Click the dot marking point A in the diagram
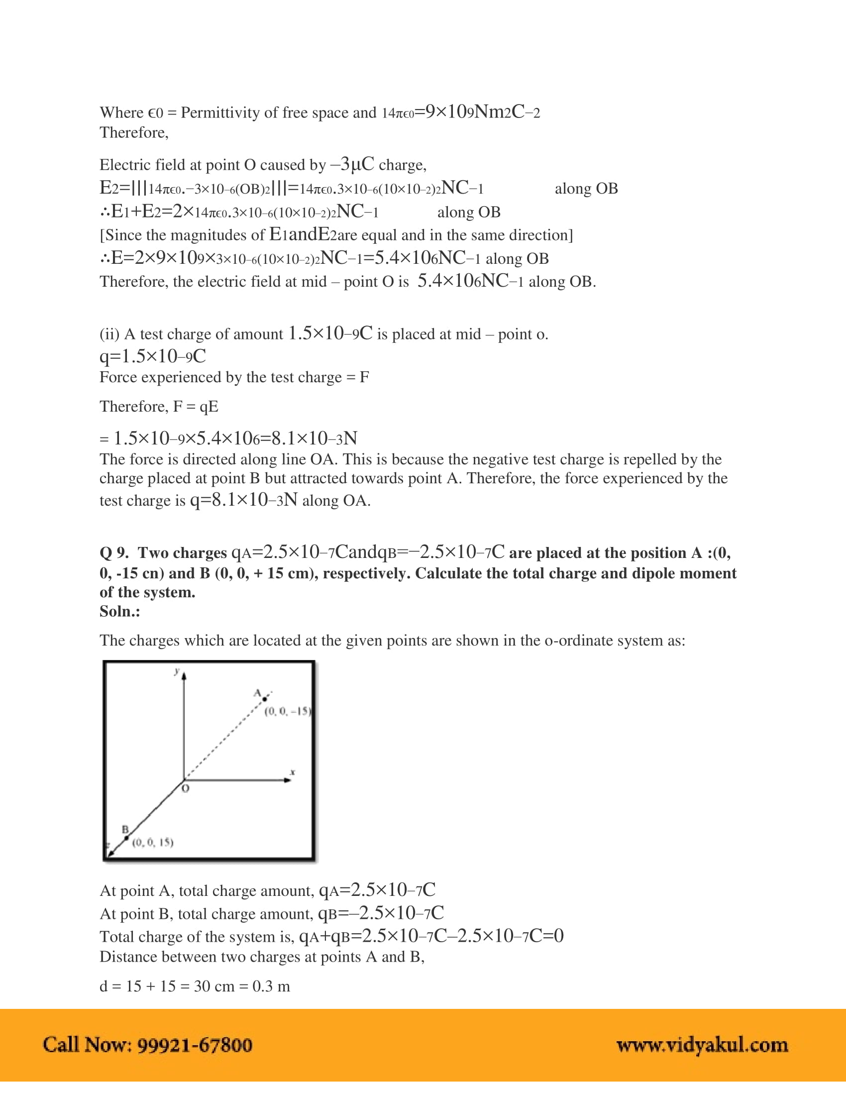tap(265, 699)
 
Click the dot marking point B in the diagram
tap(126, 838)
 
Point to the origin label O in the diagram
tap(186, 789)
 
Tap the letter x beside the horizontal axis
tap(293, 772)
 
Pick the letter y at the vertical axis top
tap(177, 671)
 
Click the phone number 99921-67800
tap(195, 1045)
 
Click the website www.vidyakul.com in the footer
tap(702, 1045)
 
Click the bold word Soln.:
tap(120, 611)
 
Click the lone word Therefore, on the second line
tap(134, 133)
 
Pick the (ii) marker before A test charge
tap(109, 334)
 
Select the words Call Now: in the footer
tap(87, 1045)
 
